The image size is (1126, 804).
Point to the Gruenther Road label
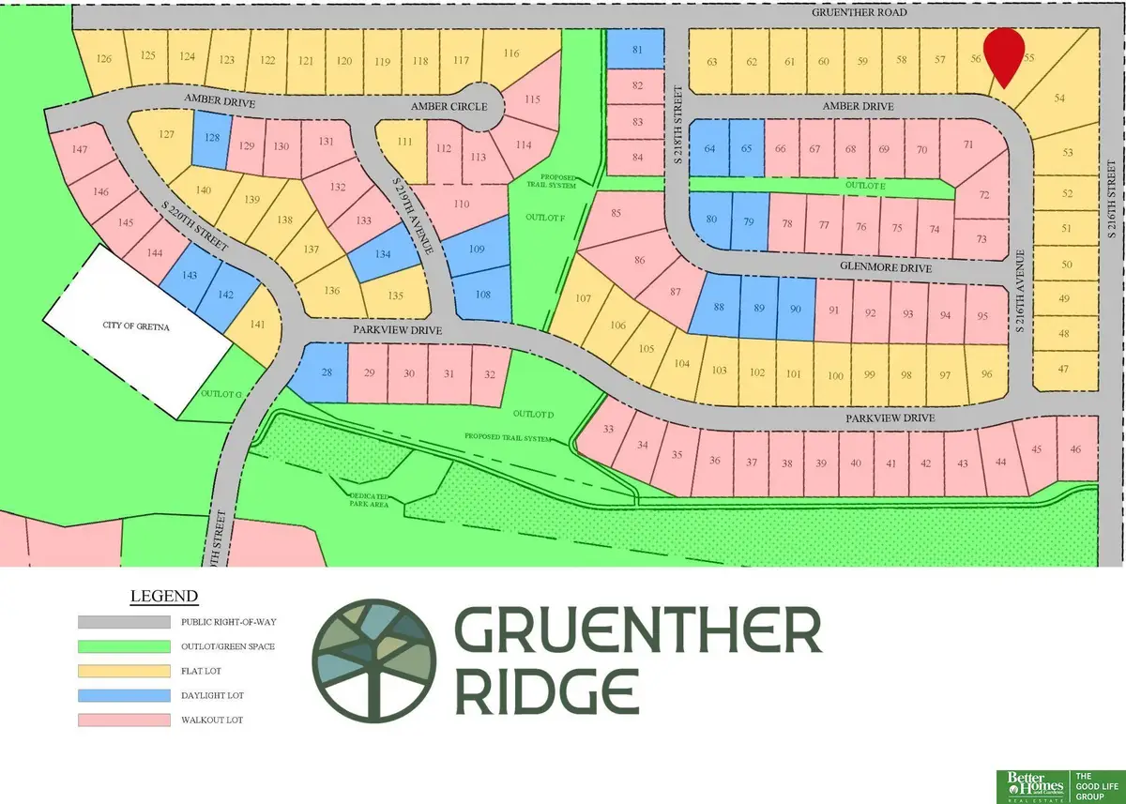click(860, 14)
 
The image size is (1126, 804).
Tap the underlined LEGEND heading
click(164, 596)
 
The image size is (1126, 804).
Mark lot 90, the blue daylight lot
click(795, 310)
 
